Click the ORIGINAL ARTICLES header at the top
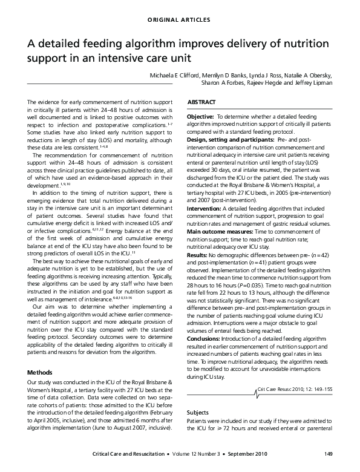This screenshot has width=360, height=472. click(x=180, y=20)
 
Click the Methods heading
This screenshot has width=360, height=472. click(x=41, y=372)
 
